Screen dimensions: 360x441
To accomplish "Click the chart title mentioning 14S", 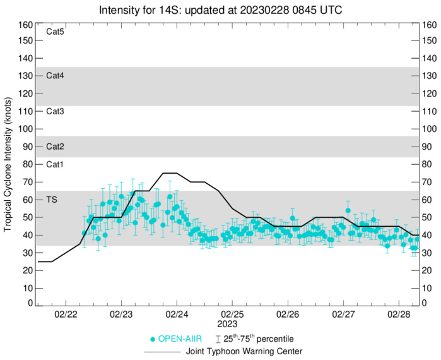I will (x=221, y=10).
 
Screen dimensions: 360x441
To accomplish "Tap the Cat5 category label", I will (x=56, y=31).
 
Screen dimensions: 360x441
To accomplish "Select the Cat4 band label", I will (x=56, y=76).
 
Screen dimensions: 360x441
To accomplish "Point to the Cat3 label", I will (x=56, y=111).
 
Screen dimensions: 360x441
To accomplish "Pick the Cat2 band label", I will (x=56, y=147).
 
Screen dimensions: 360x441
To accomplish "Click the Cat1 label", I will (x=56, y=164).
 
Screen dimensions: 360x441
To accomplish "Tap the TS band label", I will (x=54, y=200).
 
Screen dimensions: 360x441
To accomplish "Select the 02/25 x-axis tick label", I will (x=232, y=313).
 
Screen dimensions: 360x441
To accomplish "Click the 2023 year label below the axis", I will (x=232, y=323).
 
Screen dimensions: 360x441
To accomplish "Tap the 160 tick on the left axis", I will (x=25, y=25).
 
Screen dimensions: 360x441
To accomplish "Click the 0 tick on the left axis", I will (x=28, y=303).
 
